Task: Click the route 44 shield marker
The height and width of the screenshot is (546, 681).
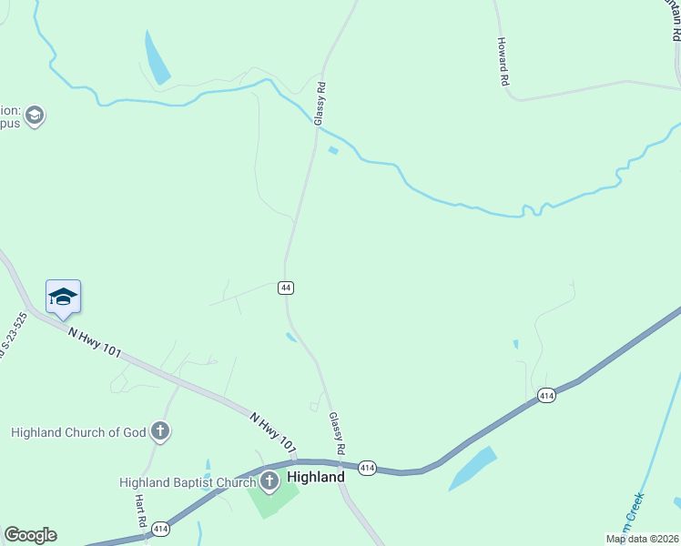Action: (x=286, y=288)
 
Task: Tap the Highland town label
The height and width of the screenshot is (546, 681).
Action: (x=316, y=477)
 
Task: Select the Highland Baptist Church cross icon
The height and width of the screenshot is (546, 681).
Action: (x=269, y=480)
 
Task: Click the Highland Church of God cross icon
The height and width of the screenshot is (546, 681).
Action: (x=160, y=431)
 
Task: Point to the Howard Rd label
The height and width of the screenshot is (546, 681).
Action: (x=503, y=61)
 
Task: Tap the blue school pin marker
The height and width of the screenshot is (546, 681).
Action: (x=63, y=298)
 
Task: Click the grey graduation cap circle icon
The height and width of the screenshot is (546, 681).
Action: (x=35, y=116)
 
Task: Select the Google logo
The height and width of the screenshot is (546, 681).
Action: (x=30, y=535)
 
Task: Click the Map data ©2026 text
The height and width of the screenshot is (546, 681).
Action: (x=642, y=539)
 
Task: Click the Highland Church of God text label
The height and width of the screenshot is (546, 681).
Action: (x=78, y=432)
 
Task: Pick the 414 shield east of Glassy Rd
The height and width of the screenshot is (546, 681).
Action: (x=367, y=468)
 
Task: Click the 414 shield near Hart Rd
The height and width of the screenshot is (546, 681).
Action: (x=160, y=528)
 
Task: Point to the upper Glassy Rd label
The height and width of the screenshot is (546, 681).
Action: (x=319, y=104)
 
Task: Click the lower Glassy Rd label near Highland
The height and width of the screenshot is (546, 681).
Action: (x=337, y=433)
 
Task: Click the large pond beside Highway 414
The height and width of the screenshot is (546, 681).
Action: (x=473, y=468)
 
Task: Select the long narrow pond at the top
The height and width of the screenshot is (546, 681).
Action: (x=157, y=57)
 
